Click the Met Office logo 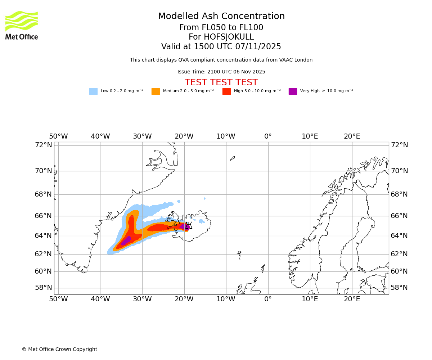coord(22,25)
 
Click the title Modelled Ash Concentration coord(221,17)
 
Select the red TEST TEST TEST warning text coord(221,83)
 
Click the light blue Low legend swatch coord(93,91)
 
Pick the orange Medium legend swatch coord(156,91)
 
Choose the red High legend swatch coord(226,91)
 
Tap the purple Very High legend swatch coord(293,91)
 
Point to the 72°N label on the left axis coord(43,145)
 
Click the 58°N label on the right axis coord(399,288)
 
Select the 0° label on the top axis coord(268,137)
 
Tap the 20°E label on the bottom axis coord(352,299)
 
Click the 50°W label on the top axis coord(58,137)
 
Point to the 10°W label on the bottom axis coord(226,299)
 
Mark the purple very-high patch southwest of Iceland coord(126,241)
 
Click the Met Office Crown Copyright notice coord(59,350)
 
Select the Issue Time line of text coord(221,72)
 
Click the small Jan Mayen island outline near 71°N coord(232,158)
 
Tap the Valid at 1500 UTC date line coord(221,47)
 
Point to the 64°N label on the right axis coord(399,236)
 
